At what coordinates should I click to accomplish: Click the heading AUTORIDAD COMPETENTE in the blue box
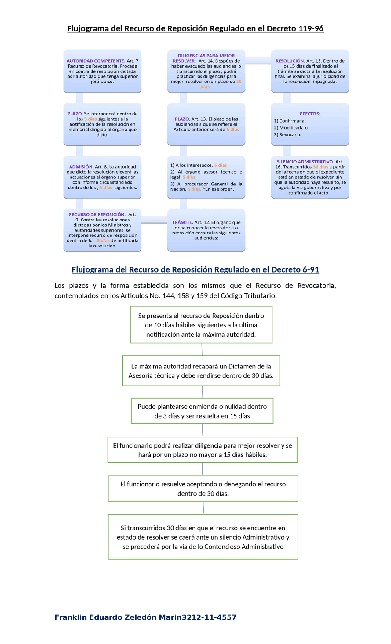pos(95,61)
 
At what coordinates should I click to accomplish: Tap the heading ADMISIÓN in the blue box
pos(81,167)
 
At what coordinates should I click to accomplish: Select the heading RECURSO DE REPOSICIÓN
pos(97,214)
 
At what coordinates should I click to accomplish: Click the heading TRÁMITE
pos(182,222)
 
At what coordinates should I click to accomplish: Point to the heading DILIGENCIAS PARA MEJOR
pos(206,56)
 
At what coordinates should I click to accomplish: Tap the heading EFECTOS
pos(310,114)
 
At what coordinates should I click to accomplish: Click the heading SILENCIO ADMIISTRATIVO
pos(305,162)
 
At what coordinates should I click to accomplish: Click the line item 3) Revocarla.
pos(287,134)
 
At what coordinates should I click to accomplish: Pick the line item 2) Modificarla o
pos(291,128)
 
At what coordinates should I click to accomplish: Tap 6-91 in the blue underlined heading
pos(311,269)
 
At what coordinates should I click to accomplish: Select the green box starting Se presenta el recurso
pos(201,325)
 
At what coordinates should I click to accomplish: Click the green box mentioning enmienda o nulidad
pos(202,411)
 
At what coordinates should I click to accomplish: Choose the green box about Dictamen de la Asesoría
pos(201,371)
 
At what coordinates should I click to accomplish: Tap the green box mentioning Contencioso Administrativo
pos(203,537)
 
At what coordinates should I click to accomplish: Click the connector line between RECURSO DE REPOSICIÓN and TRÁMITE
pos(154,223)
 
